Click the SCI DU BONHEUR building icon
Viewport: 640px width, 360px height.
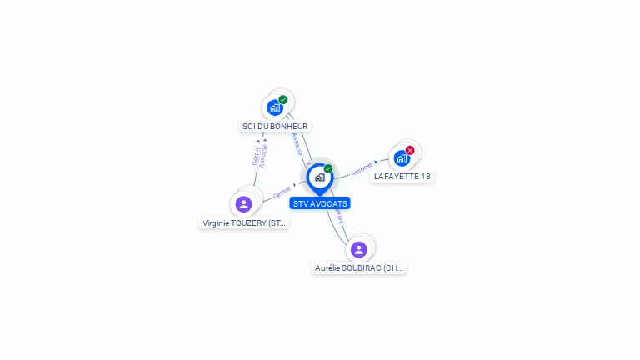coord(275,107)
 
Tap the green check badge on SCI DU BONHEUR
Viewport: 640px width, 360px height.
coord(283,100)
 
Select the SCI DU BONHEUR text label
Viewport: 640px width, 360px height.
coord(275,127)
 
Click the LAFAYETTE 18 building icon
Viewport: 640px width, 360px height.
coord(402,158)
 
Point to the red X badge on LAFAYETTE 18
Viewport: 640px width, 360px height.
coord(410,151)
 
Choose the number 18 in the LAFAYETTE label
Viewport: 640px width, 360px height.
coord(425,177)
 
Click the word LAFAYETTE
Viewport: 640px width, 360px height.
coord(396,177)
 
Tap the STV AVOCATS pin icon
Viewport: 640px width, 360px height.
coord(319,177)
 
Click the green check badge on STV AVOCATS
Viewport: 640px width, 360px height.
coord(328,169)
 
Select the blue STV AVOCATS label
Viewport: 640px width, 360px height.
coord(320,203)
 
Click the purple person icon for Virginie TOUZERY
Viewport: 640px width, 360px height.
coord(243,204)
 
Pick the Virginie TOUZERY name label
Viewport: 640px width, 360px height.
coord(244,223)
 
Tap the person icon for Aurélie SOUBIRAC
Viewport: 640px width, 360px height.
coord(358,250)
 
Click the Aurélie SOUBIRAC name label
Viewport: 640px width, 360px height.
coord(359,268)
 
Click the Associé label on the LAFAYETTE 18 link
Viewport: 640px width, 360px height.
coord(362,168)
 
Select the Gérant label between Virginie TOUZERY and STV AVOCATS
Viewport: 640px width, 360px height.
coord(282,192)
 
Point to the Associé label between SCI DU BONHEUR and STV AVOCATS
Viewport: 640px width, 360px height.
coord(297,144)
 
